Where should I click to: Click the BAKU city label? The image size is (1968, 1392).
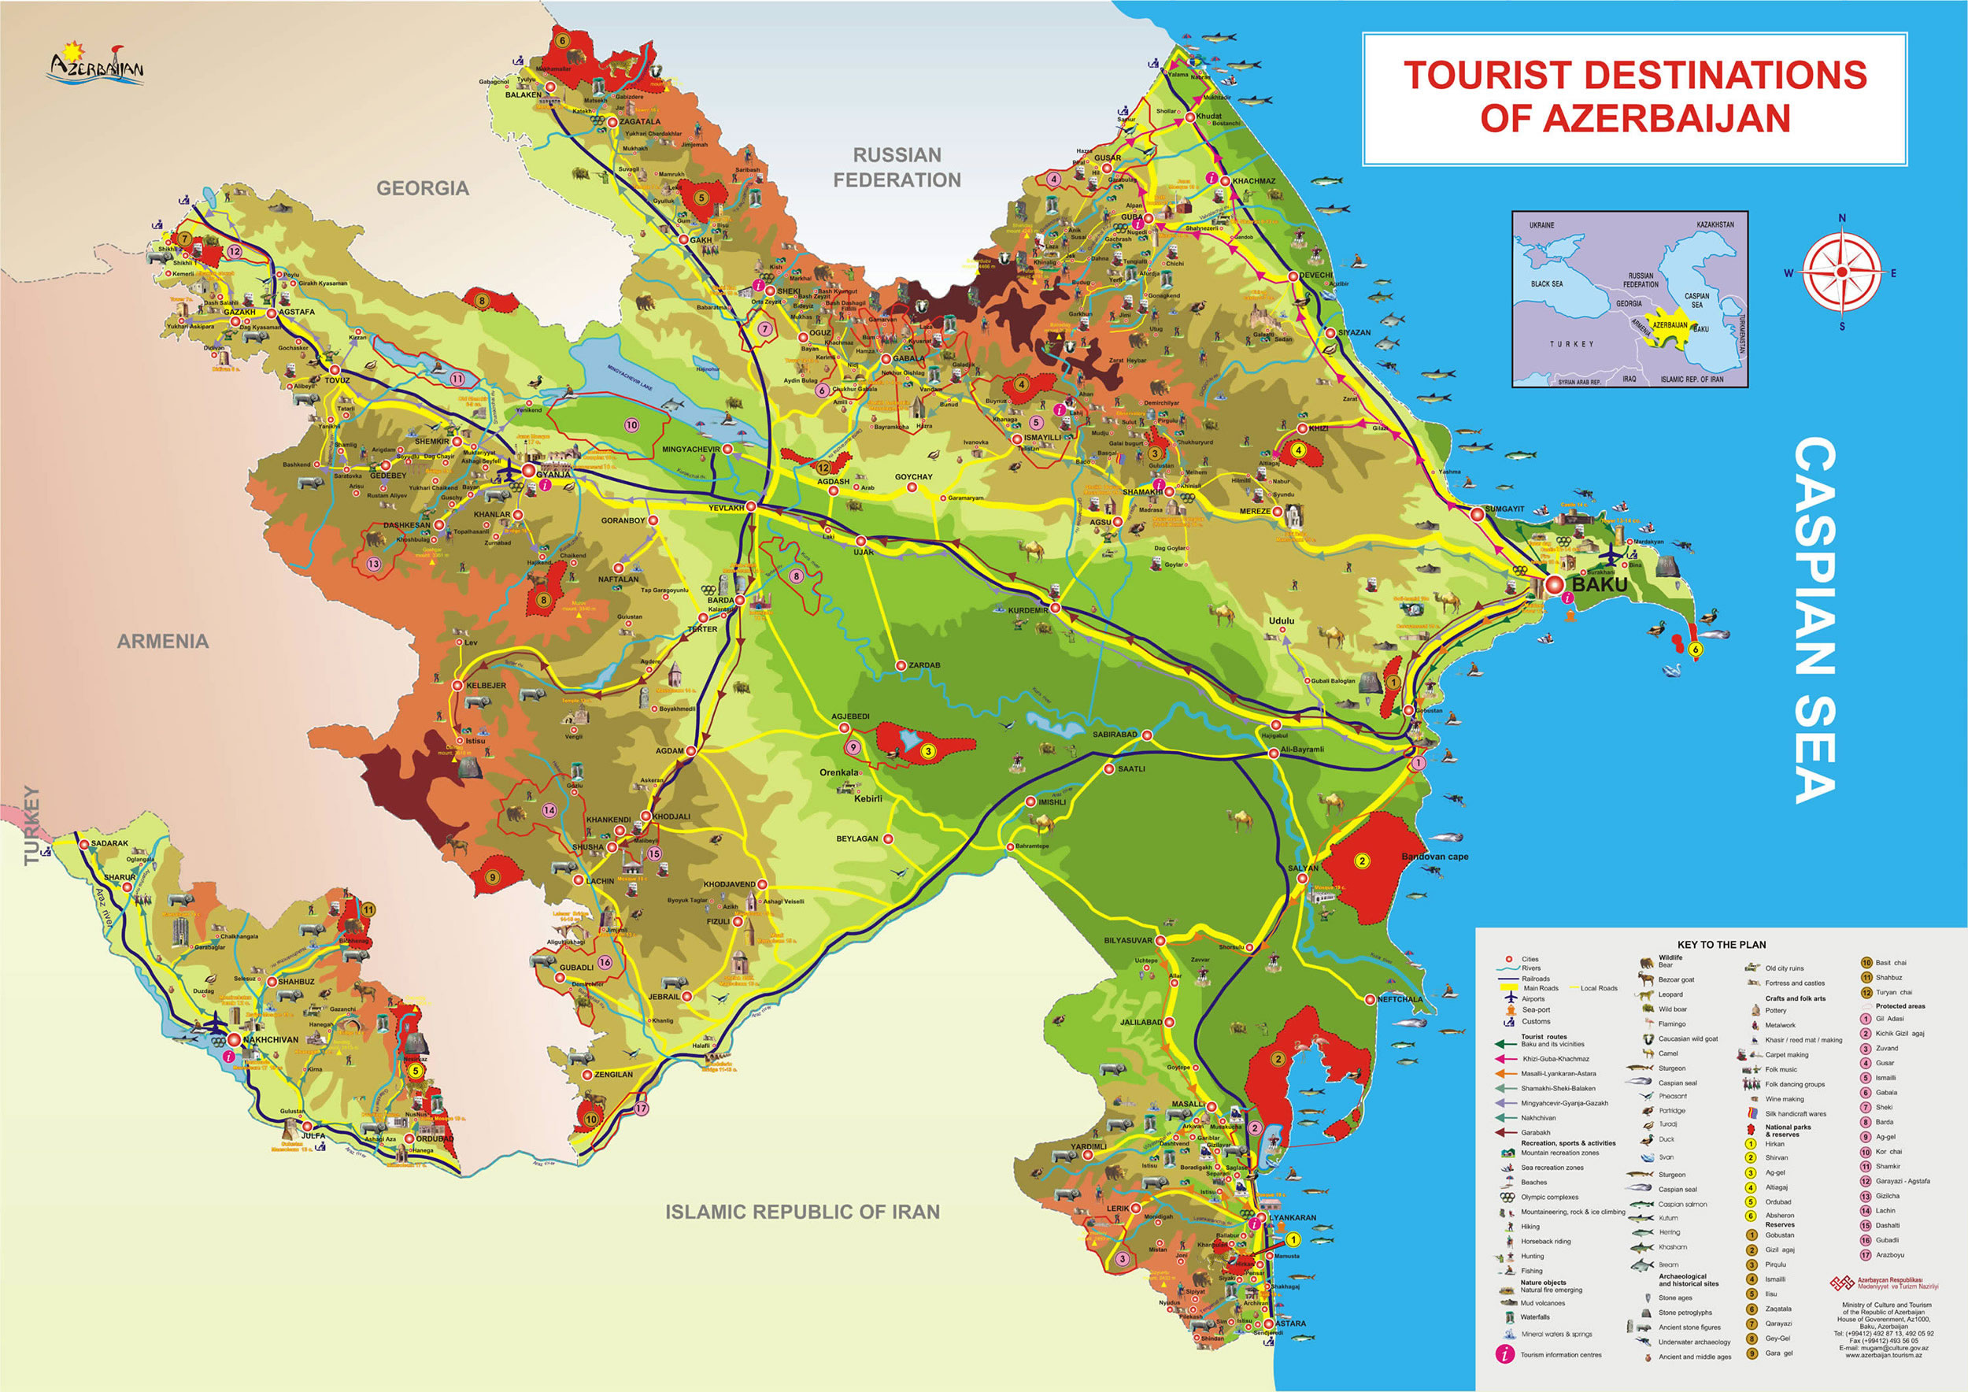point(1599,584)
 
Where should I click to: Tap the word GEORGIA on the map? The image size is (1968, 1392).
point(423,187)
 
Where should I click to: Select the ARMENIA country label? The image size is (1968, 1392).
point(163,641)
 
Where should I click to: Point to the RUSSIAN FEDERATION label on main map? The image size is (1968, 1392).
point(897,167)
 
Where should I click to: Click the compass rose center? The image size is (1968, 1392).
point(1841,272)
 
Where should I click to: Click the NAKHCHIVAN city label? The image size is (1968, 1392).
point(271,1040)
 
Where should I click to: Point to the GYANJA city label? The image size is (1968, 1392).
point(553,474)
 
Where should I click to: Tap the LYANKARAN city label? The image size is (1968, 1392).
point(1293,1218)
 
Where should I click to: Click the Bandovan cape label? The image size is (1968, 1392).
point(1435,857)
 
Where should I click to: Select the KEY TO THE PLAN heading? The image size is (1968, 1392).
point(1721,945)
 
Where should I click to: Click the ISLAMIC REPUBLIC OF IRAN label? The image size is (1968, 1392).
point(802,1211)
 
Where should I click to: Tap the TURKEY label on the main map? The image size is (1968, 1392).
point(31,825)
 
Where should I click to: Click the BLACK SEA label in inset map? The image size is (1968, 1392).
point(1546,283)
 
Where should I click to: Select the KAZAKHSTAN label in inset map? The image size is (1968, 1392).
point(1715,224)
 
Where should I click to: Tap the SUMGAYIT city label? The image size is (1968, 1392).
point(1504,509)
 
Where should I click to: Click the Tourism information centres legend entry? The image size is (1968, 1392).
point(1561,1355)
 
